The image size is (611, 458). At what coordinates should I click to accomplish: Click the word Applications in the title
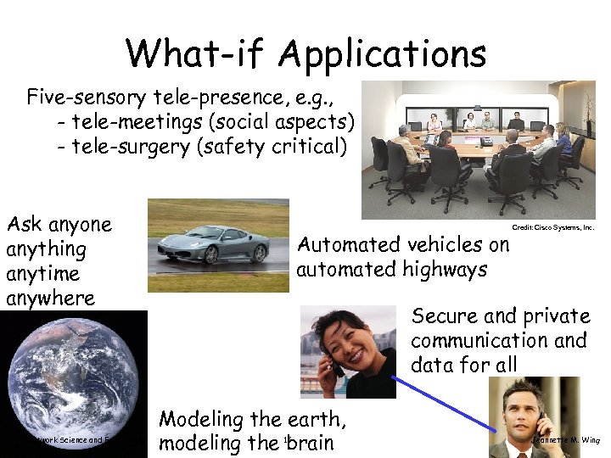(381, 53)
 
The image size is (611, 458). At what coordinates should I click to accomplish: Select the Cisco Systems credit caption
(552, 227)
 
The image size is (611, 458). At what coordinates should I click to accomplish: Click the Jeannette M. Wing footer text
(567, 440)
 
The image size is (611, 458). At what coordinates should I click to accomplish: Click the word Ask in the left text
(24, 225)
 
